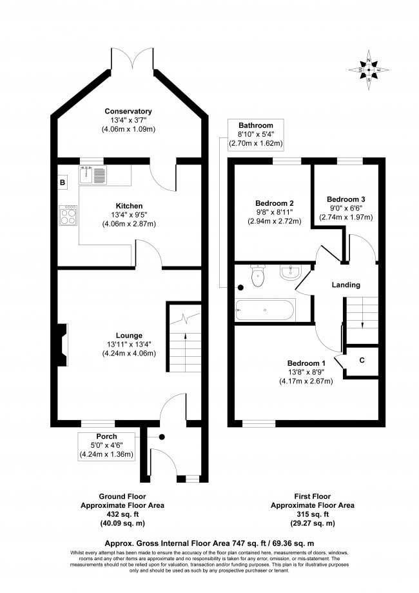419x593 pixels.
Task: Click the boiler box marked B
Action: tap(63, 183)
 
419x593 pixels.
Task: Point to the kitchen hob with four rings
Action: tap(68, 215)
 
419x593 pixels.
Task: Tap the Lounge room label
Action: tap(129, 335)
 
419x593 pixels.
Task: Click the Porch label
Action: tap(106, 437)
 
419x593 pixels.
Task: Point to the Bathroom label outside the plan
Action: tap(256, 125)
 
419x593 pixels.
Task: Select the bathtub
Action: tap(265, 311)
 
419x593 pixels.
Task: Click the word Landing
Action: tap(346, 285)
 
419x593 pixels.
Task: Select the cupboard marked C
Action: tap(362, 359)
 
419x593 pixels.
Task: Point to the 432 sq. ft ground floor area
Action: tap(122, 514)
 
